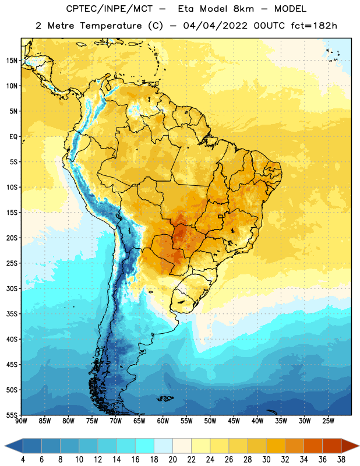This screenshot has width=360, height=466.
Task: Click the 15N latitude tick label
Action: pos(12,61)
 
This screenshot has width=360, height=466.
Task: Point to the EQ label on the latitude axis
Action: pos(13,137)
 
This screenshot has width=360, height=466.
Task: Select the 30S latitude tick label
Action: pos(12,288)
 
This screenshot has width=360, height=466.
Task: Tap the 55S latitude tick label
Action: pos(12,415)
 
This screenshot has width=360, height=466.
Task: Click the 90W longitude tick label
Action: pos(21,421)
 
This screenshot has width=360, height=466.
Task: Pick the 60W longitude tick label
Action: pos(163,421)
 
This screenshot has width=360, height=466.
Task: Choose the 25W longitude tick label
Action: pos(328,421)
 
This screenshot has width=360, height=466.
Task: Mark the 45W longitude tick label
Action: pos(234,421)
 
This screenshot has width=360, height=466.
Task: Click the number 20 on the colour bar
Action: pos(172,460)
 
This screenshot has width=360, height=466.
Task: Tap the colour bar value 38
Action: pos(341,460)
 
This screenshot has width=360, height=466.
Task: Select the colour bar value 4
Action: pos(23,460)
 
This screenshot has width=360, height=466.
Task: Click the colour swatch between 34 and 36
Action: pos(313,446)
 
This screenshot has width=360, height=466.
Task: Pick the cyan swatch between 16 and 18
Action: pos(144,446)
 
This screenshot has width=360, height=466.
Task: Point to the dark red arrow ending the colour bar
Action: pos(350,446)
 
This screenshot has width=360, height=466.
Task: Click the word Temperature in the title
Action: pos(111,26)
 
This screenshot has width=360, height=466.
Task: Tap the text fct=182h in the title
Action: pos(314,26)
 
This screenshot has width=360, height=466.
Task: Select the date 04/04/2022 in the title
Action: pos(215,26)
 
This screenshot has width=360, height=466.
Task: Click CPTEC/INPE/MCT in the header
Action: pos(110,9)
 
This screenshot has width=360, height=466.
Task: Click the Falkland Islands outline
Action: pos(165,398)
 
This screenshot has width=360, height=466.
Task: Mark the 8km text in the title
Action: pos(243,9)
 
